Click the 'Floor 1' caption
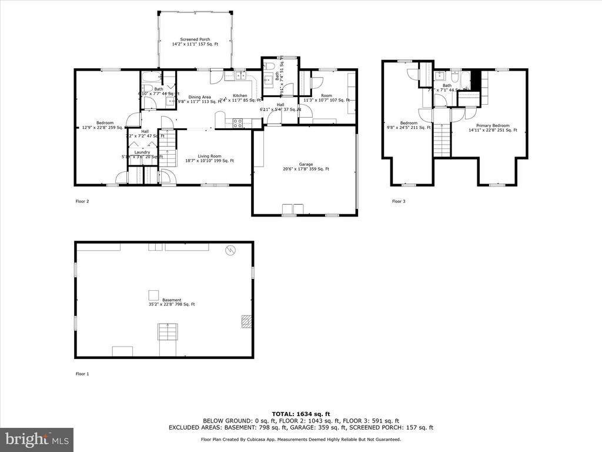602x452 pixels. pyautogui.click(x=82, y=374)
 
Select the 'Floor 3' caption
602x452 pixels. pyautogui.click(x=399, y=201)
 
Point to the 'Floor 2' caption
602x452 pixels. pyautogui.click(x=82, y=201)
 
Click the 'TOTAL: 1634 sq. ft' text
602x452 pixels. pyautogui.click(x=300, y=413)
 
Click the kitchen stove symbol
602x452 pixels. pyautogui.click(x=238, y=123)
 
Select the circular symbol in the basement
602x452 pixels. pyautogui.click(x=231, y=250)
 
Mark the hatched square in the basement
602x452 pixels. pyautogui.click(x=246, y=321)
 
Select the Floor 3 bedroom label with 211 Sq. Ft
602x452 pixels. pyautogui.click(x=409, y=125)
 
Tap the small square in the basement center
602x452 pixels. pyautogui.click(x=153, y=295)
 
